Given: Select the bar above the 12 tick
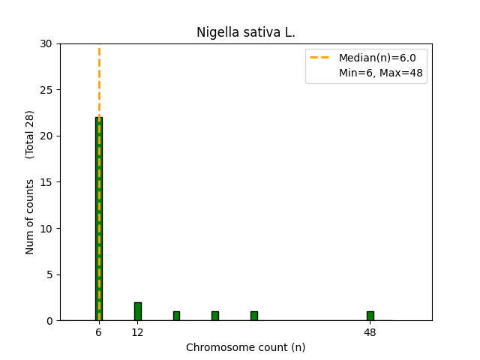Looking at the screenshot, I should point(137,311).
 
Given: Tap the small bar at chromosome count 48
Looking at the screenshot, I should point(370,316).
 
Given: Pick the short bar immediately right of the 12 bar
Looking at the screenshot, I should point(176,316).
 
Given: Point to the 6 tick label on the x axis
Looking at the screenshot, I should point(98,332).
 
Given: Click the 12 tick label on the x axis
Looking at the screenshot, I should point(137,332).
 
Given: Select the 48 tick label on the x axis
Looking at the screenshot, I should point(370,332).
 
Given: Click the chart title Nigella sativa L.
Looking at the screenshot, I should point(246,32).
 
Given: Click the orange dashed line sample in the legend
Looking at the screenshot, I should point(322,58).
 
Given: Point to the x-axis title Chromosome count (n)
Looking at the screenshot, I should point(246,347).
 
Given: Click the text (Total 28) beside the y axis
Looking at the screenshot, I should point(30,135).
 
